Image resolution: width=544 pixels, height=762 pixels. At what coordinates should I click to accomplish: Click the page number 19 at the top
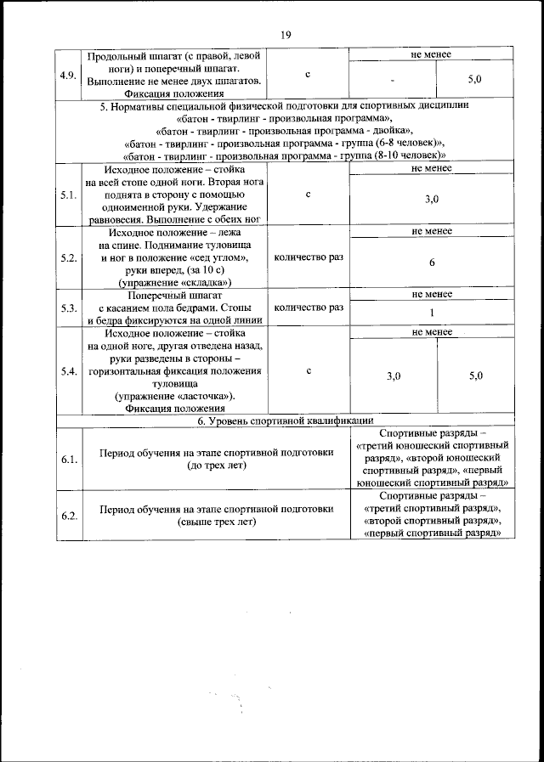tap(285, 35)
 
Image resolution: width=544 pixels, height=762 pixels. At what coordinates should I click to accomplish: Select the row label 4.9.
tap(68, 75)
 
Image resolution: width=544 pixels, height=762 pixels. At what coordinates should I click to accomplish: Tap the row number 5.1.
tap(68, 195)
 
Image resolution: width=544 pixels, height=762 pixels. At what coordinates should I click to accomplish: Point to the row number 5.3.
tap(68, 308)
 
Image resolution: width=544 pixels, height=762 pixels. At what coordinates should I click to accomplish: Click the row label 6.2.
tap(68, 515)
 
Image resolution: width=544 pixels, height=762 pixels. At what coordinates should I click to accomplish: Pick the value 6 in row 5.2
tap(432, 262)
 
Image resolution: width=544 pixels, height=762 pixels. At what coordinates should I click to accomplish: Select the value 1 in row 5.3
tap(432, 313)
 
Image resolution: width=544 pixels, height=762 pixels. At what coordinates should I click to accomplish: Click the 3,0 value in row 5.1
tap(432, 200)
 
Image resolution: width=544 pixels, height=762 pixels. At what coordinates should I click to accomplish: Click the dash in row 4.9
tap(393, 80)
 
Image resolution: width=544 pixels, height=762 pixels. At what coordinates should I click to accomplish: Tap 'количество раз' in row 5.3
tap(309, 308)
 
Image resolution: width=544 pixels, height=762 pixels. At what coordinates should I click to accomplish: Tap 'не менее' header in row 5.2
tap(432, 231)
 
